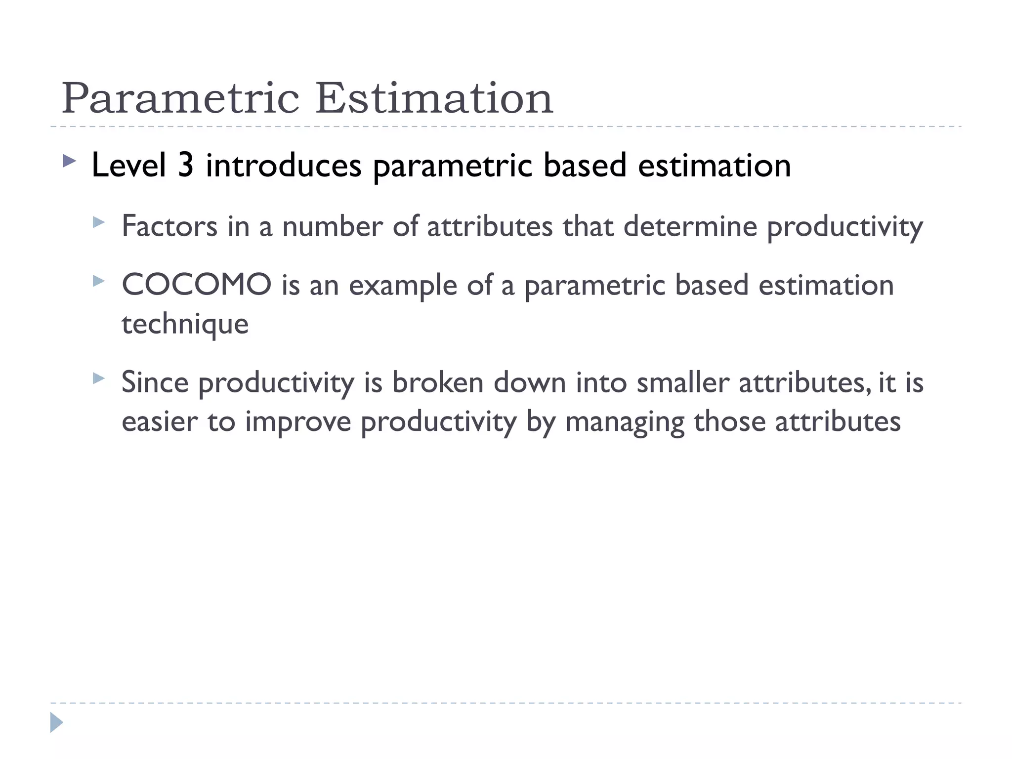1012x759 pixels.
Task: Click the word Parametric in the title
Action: pyautogui.click(x=180, y=99)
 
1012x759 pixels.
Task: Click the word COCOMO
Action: pyautogui.click(x=197, y=285)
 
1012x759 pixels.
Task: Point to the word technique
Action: pyautogui.click(x=185, y=324)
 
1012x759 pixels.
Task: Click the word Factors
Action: pyautogui.click(x=169, y=226)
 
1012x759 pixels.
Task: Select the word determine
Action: pyautogui.click(x=690, y=226)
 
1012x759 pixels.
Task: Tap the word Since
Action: pyautogui.click(x=155, y=382)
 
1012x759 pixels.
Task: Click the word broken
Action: pyautogui.click(x=438, y=382)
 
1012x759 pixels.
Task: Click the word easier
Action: pyautogui.click(x=160, y=422)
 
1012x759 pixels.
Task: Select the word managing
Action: pyautogui.click(x=625, y=422)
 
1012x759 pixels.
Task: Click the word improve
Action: pyautogui.click(x=298, y=422)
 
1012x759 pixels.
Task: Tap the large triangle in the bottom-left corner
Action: pyautogui.click(x=56, y=722)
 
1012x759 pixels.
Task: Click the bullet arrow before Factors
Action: pyautogui.click(x=99, y=222)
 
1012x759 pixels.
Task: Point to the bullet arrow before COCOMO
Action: pyautogui.click(x=99, y=281)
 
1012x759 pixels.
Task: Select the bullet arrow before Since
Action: pyautogui.click(x=99, y=379)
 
